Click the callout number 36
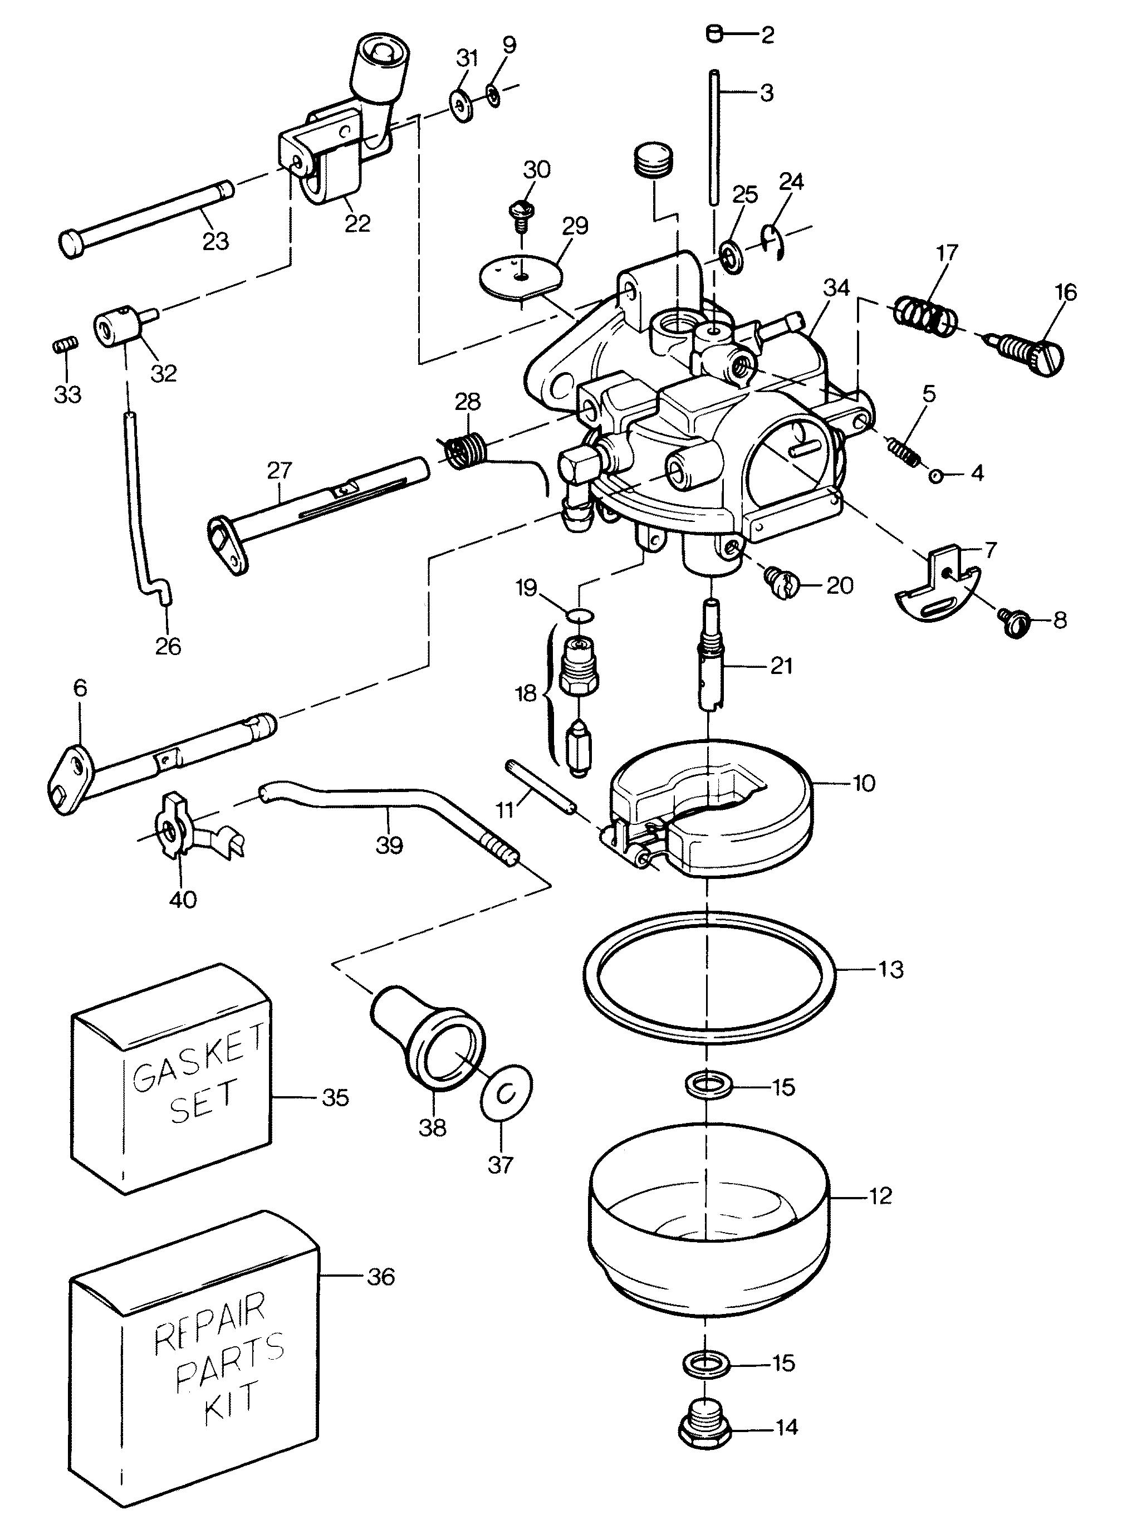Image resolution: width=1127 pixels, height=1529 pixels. pos(381,1277)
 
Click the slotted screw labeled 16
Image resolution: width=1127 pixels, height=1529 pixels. pos(1030,351)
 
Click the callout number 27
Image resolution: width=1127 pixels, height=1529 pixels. pos(280,470)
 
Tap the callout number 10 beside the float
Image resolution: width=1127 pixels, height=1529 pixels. pos(864,783)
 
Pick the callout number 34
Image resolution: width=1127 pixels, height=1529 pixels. pos(836,288)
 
